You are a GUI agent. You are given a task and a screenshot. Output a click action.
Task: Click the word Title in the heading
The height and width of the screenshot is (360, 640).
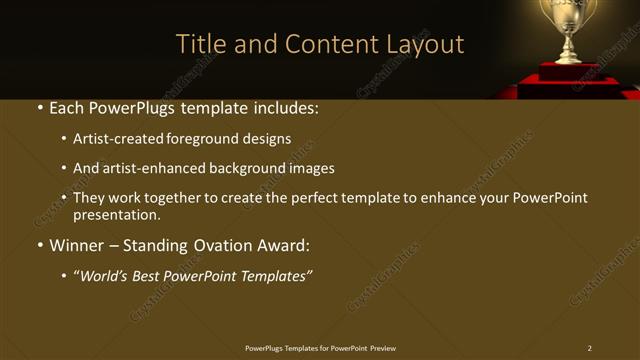(198, 44)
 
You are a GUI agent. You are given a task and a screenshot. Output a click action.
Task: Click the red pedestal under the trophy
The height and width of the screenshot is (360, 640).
(570, 75)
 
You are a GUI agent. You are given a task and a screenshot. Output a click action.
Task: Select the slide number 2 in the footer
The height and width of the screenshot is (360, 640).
(589, 348)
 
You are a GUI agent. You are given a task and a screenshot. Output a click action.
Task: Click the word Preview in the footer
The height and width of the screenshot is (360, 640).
(383, 348)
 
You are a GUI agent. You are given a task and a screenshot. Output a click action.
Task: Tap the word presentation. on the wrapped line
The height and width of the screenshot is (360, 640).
(116, 214)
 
